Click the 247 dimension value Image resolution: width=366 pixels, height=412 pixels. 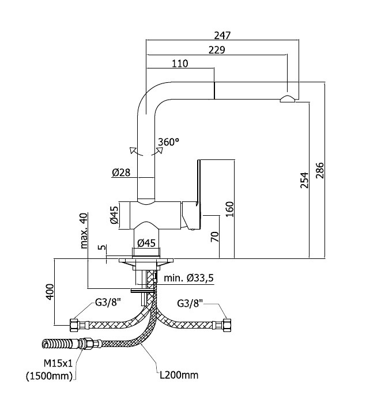[222, 35]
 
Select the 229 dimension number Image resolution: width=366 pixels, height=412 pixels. [217, 49]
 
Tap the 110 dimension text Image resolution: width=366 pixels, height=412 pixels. [180, 64]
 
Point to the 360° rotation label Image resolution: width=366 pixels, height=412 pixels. [168, 142]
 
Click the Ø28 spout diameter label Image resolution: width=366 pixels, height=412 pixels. [121, 173]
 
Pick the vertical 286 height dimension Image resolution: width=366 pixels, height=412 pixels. [320, 170]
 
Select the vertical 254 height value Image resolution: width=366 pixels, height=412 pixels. [304, 180]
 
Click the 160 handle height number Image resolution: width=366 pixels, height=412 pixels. [230, 209]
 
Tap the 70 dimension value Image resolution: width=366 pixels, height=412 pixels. [215, 237]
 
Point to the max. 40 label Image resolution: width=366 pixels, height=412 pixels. [84, 231]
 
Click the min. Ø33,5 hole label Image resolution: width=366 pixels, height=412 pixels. [188, 278]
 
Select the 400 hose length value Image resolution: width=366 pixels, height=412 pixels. [50, 291]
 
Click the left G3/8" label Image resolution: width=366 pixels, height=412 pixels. [108, 303]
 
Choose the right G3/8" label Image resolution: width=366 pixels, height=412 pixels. [190, 304]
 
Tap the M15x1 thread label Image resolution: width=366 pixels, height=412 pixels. [58, 364]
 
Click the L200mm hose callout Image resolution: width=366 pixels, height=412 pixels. [179, 375]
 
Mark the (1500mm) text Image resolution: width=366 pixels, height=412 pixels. [49, 376]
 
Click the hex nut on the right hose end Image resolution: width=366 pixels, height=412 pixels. [227, 325]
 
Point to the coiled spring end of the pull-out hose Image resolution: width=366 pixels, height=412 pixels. [57, 344]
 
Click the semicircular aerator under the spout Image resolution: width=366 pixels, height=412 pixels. [288, 98]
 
